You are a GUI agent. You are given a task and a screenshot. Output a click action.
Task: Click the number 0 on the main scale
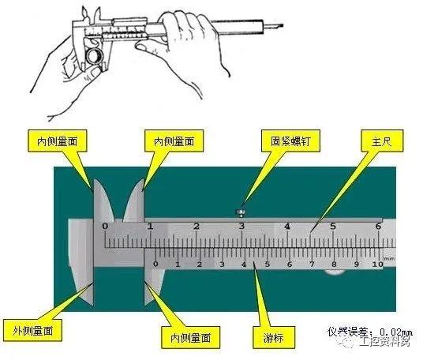106,226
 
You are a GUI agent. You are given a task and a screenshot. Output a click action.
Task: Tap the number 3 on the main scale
242,226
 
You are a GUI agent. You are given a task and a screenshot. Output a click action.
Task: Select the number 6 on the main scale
378,226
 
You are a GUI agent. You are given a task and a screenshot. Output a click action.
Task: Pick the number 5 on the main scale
333,226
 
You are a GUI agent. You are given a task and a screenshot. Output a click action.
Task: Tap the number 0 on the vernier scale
155,264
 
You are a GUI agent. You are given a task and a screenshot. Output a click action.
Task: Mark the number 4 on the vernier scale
245,265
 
